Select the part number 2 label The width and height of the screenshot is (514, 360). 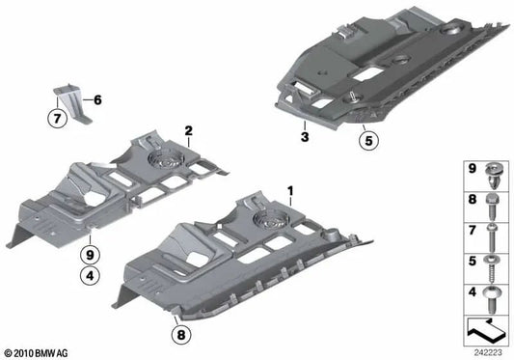pyautogui.click(x=189, y=129)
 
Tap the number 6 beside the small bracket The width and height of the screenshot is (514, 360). pyautogui.click(x=96, y=99)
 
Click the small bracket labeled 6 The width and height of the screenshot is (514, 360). pyautogui.click(x=72, y=99)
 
